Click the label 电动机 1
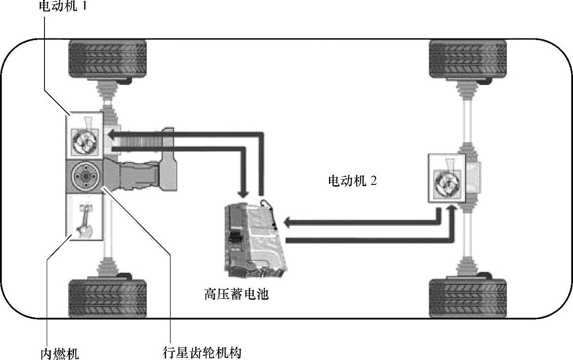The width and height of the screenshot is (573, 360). coord(62,7)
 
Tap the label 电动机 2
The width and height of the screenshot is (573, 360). coord(352,181)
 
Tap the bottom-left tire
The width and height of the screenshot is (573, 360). coord(107,298)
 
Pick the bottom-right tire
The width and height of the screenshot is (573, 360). coord(468,298)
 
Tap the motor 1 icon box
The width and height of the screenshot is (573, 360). coord(85,135)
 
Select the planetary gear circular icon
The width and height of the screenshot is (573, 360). coord(84,176)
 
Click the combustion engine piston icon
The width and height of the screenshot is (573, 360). coord(84,217)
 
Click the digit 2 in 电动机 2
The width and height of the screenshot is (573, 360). coord(373,181)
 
